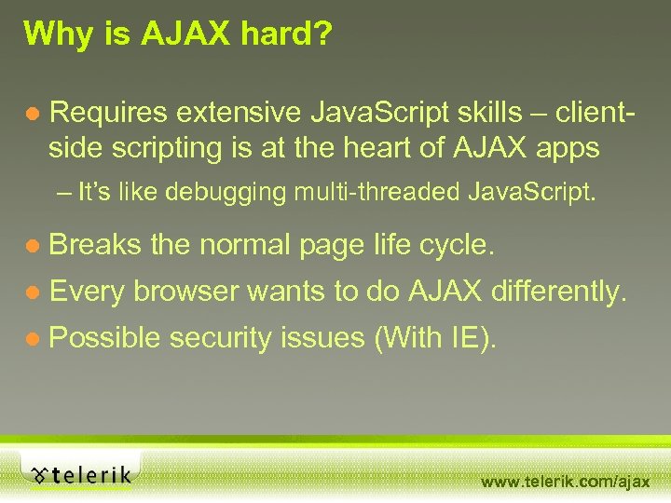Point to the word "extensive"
234,113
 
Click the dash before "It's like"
62,193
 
